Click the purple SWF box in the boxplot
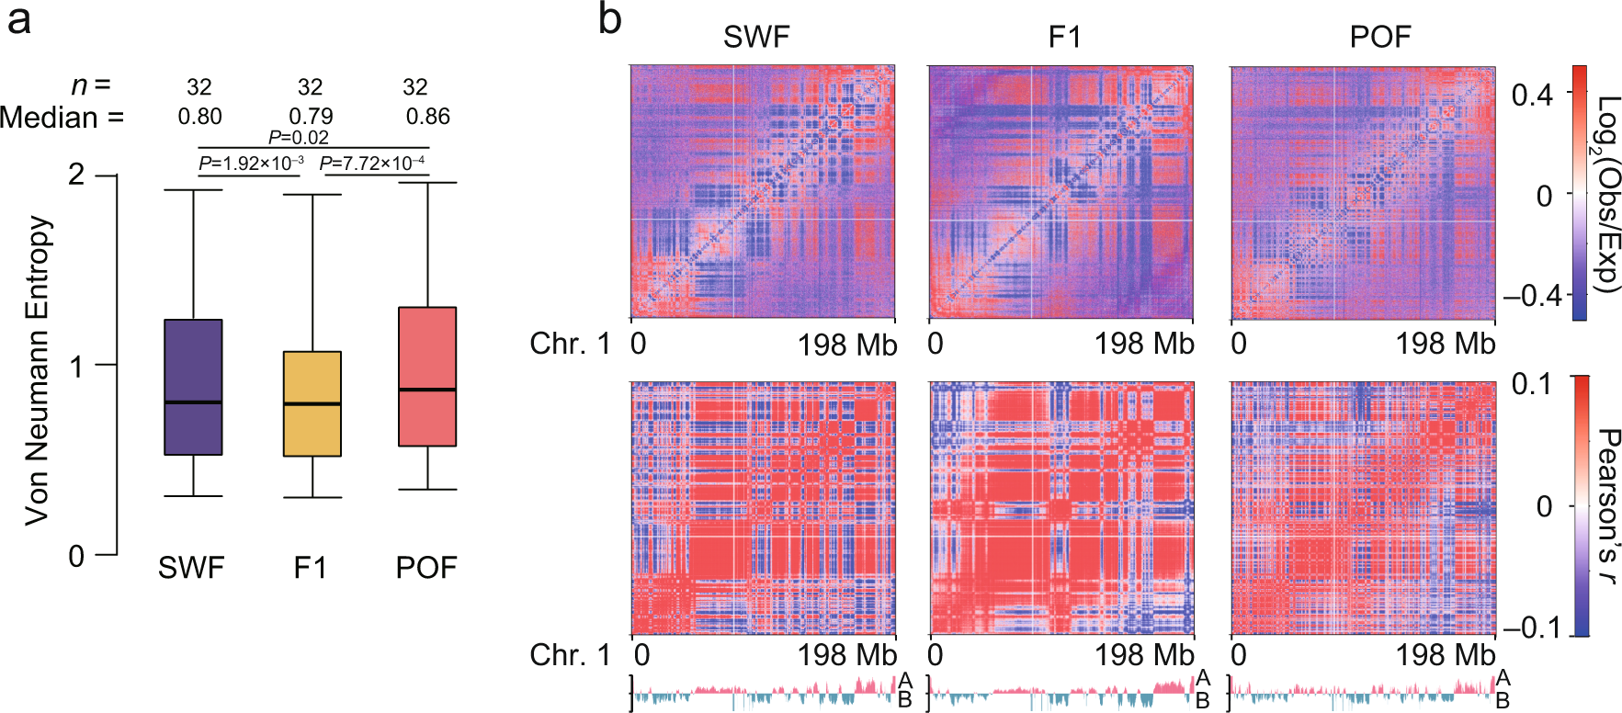(x=193, y=387)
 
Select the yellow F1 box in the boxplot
(x=312, y=403)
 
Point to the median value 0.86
(x=427, y=117)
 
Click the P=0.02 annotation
(x=298, y=138)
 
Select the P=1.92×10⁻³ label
(x=251, y=164)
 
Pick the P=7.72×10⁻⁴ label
(x=372, y=164)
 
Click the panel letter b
(x=609, y=19)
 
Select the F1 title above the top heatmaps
(x=1064, y=37)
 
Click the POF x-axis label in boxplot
(x=426, y=568)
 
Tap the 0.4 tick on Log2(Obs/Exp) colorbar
(x=1531, y=94)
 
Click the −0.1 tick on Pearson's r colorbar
(x=1531, y=628)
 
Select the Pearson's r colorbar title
(x=1606, y=505)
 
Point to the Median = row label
(x=62, y=118)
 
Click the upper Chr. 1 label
(x=570, y=344)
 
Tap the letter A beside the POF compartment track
(x=1503, y=679)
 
